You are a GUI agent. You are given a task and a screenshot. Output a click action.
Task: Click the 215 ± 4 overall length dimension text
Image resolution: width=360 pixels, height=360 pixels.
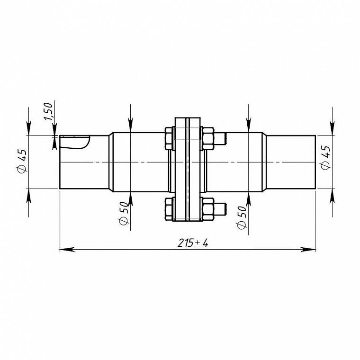point(193,243)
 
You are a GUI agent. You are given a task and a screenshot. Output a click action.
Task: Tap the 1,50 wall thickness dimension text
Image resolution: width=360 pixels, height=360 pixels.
point(48,111)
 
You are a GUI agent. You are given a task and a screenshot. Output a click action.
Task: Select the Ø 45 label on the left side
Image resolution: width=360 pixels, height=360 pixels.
point(22,161)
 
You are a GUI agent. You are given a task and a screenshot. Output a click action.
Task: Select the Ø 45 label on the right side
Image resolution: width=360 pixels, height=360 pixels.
point(325,157)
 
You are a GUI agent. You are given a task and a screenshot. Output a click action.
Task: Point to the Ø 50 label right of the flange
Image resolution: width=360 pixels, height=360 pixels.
point(242,217)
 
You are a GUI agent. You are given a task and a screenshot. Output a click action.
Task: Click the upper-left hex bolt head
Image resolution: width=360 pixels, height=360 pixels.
point(169,138)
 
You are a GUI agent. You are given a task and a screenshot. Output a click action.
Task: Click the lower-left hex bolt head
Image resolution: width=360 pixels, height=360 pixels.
point(169,209)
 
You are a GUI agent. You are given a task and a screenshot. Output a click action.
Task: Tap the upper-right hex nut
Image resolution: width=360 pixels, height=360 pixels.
point(208,138)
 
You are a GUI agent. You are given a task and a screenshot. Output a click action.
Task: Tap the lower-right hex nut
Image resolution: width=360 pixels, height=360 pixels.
point(208,209)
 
